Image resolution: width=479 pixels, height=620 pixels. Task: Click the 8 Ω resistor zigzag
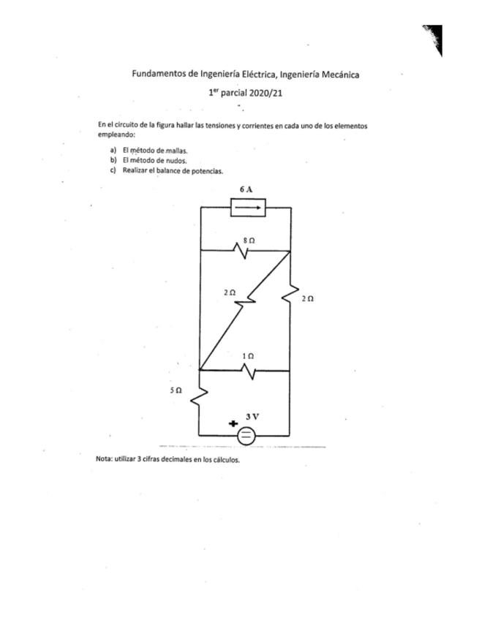(241, 252)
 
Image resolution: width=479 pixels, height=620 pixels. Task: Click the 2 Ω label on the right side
(307, 298)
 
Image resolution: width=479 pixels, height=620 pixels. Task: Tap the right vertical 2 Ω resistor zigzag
(291, 291)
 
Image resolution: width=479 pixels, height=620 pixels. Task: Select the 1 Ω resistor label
(247, 355)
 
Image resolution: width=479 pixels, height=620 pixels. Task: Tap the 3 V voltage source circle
(246, 436)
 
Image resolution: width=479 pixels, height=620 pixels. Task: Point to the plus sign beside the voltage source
(233, 423)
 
